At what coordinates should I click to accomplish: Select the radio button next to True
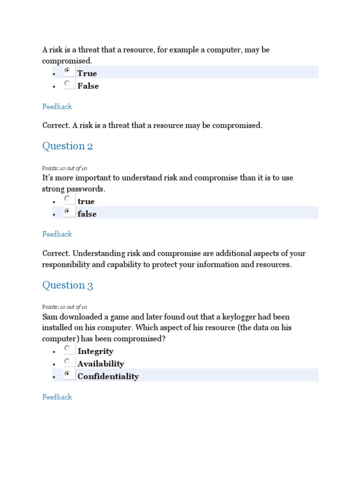[68, 71]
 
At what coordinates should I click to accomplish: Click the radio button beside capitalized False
[68, 84]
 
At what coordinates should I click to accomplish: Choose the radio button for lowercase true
[68, 199]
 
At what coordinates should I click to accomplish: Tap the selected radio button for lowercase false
[68, 212]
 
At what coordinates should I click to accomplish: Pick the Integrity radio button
[68, 349]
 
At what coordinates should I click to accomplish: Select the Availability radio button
[68, 361]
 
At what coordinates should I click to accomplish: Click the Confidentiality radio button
[68, 374]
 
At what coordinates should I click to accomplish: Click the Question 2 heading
[67, 146]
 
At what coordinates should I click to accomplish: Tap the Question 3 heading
[67, 285]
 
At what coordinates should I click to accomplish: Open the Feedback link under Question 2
[57, 234]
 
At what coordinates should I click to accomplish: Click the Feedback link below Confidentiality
[57, 397]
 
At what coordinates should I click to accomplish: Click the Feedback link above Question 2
[57, 106]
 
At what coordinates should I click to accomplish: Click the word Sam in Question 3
[50, 317]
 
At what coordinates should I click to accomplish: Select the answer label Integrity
[96, 351]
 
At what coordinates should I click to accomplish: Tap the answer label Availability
[101, 364]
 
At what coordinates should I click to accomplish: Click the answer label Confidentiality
[108, 376]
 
